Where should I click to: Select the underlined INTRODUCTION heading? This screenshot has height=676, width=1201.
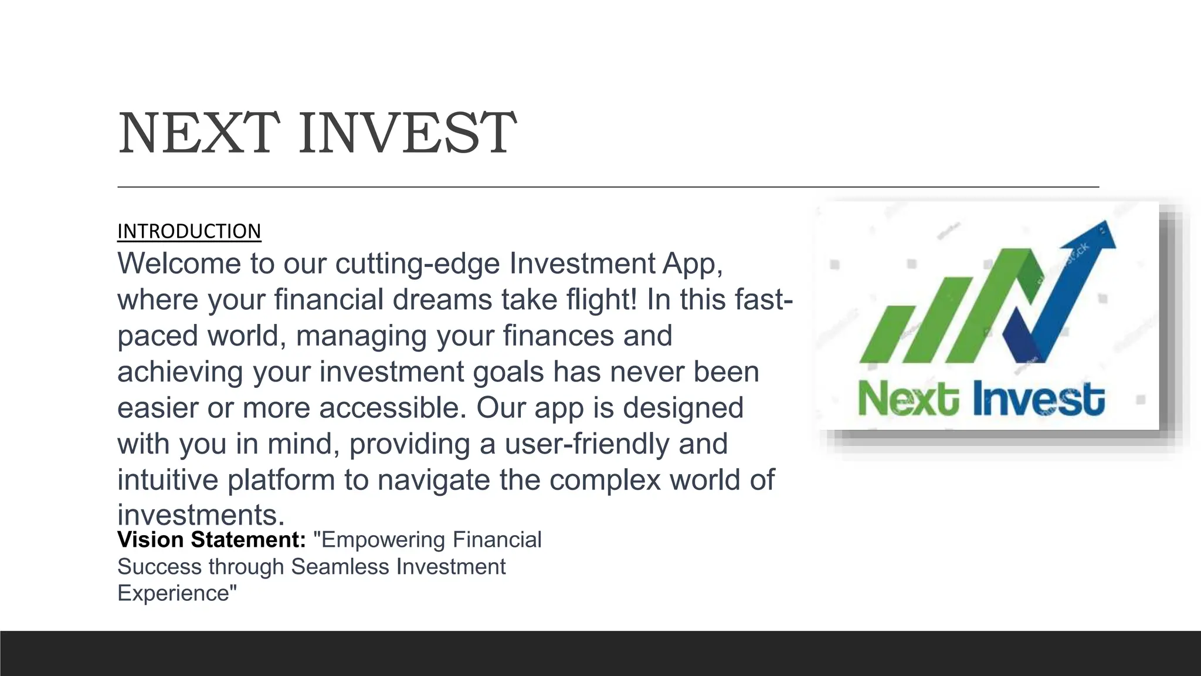189,231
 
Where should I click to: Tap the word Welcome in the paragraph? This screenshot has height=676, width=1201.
179,263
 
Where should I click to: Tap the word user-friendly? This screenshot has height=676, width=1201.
586,444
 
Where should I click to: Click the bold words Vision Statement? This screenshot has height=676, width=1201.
212,540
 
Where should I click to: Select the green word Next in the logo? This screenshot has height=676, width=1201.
908,400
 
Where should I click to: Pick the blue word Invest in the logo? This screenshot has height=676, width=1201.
1039,400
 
